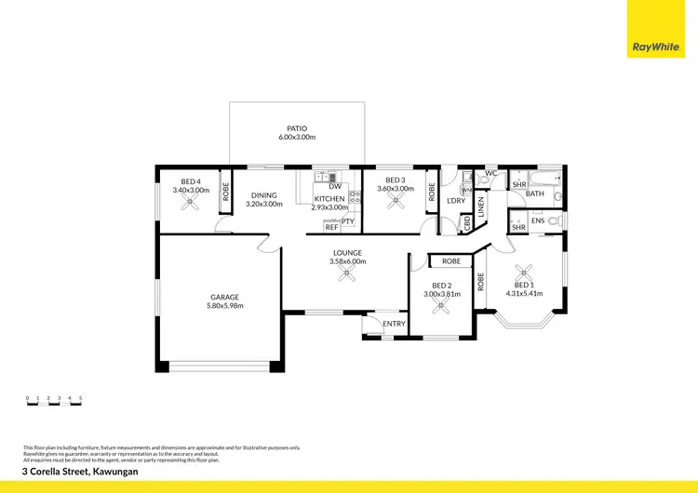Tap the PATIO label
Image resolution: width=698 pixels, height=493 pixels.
[297, 128]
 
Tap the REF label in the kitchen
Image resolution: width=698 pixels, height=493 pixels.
[331, 227]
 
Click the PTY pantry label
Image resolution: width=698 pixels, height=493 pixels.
[347, 221]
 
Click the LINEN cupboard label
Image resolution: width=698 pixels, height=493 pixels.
[481, 207]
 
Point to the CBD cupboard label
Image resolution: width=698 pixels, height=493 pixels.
[466, 224]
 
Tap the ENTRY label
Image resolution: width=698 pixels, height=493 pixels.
[395, 324]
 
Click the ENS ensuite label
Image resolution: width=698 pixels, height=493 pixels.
[538, 220]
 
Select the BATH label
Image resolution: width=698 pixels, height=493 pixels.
[535, 193]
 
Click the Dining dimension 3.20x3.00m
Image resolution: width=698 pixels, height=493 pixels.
[263, 204]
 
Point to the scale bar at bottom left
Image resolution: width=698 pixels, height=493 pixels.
[54, 402]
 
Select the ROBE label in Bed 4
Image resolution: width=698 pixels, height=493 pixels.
[225, 193]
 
